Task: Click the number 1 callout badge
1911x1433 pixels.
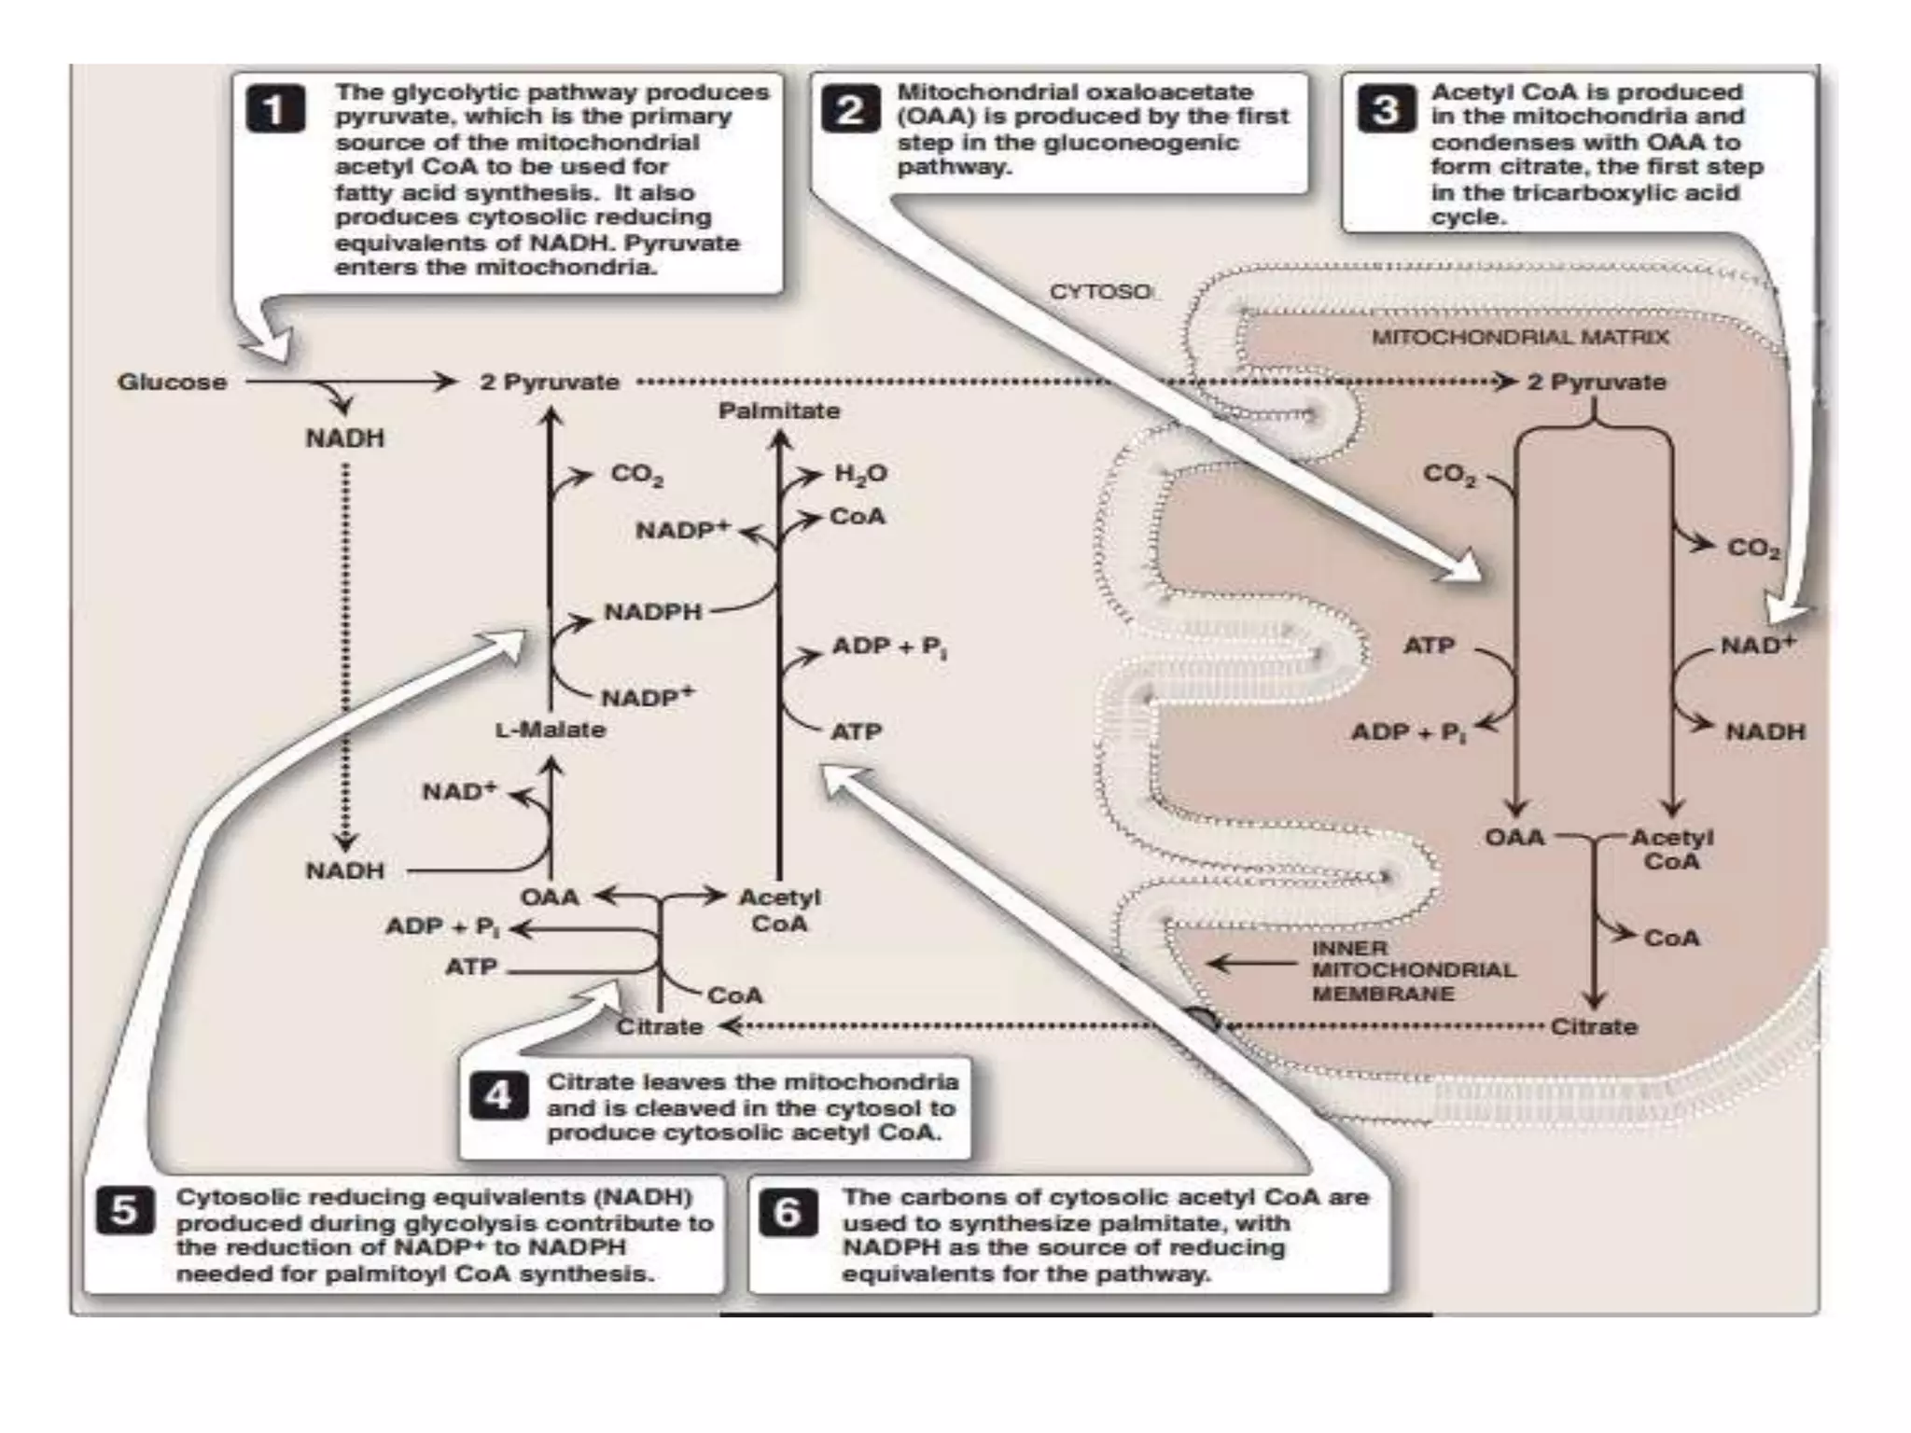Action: click(274, 110)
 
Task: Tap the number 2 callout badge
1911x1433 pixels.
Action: click(849, 110)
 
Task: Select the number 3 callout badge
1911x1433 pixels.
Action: click(1385, 110)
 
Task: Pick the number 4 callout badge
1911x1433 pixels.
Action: click(497, 1095)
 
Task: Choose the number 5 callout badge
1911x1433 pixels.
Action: click(125, 1211)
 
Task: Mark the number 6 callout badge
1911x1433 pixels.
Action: click(788, 1211)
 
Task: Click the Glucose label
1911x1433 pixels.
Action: click(173, 383)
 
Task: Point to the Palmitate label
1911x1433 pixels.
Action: click(779, 410)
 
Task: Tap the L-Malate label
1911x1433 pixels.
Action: click(551, 730)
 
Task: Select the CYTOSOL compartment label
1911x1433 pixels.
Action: click(1101, 292)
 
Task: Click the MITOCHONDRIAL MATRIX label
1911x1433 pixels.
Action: click(1520, 337)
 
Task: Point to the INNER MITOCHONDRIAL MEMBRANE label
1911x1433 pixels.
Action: click(1414, 970)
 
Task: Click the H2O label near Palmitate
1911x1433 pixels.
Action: click(860, 474)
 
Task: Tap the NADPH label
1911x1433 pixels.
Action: click(652, 612)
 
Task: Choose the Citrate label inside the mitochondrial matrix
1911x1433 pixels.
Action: click(1594, 1027)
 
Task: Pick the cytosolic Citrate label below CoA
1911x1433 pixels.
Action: click(659, 1027)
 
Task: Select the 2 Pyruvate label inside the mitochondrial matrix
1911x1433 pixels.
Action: click(1597, 383)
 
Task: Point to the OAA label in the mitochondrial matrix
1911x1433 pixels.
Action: click(1514, 837)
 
